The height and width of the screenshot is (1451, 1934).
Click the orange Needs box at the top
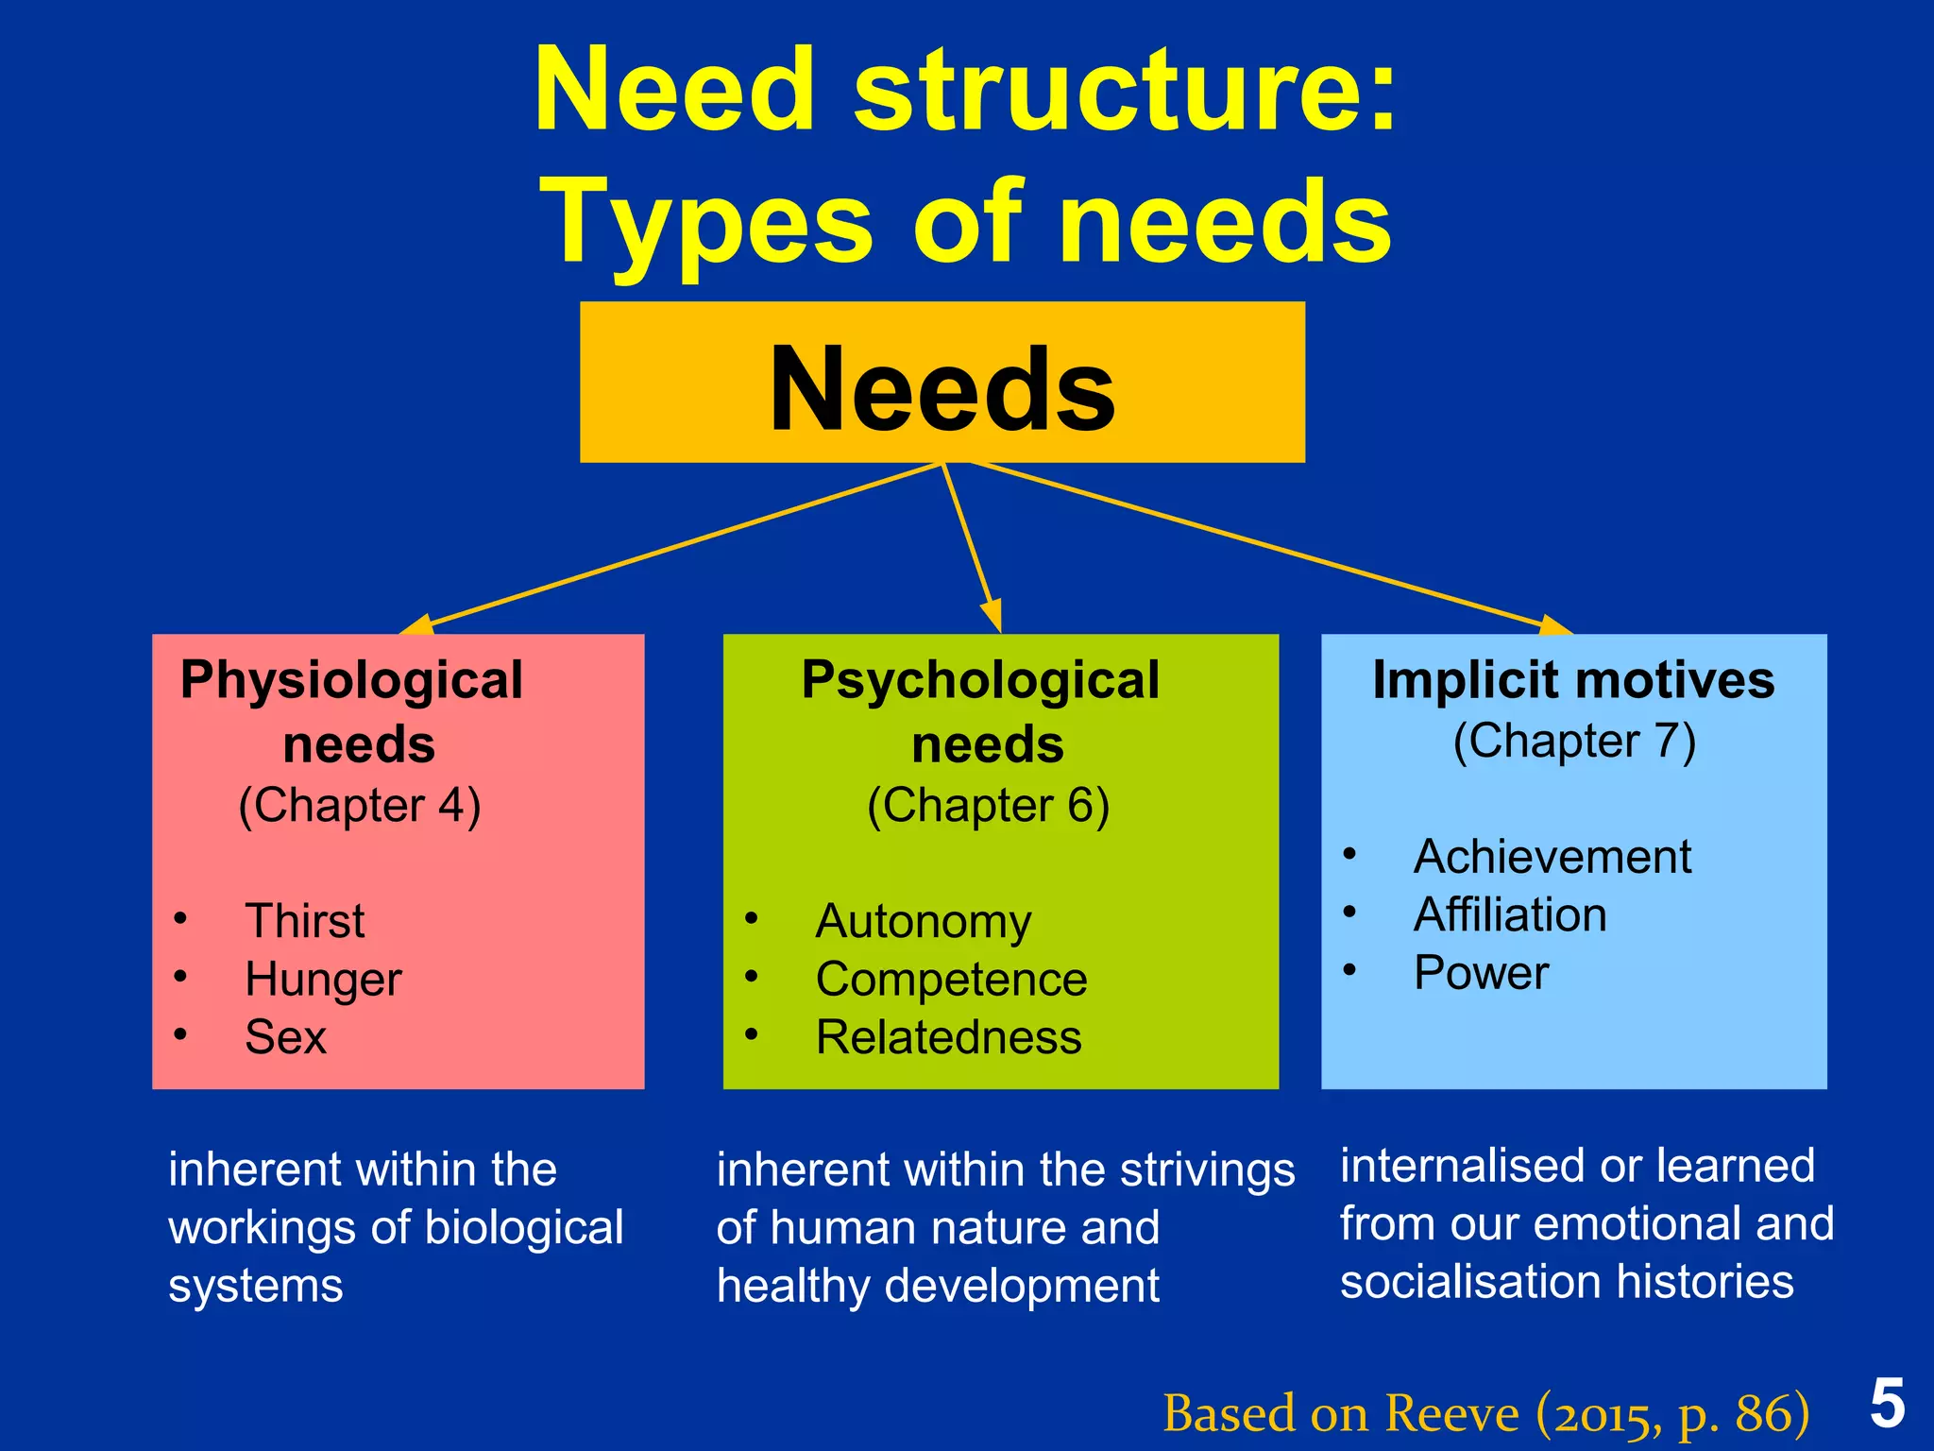(x=942, y=383)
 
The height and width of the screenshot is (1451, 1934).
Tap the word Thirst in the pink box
(x=304, y=921)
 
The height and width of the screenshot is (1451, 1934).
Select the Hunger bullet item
(x=323, y=980)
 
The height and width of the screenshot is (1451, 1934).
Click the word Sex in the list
(x=285, y=1037)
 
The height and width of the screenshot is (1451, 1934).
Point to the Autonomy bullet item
(x=923, y=921)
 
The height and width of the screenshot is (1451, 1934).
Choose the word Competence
(x=951, y=980)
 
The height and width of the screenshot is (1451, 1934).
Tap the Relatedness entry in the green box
(x=948, y=1037)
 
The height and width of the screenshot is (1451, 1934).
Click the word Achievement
(x=1552, y=858)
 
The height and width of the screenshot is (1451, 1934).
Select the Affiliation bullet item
(x=1510, y=915)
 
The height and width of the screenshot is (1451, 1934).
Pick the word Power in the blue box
(x=1481, y=973)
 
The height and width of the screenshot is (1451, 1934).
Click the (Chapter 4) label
(x=360, y=806)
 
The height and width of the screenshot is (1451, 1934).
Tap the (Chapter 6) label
(x=988, y=806)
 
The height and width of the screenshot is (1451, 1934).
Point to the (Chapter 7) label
(x=1574, y=742)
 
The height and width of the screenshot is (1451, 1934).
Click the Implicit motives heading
(x=1573, y=680)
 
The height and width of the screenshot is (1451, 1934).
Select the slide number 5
(x=1887, y=1404)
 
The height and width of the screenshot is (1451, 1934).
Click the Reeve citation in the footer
(x=1485, y=1414)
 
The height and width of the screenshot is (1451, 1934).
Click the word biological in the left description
(x=523, y=1228)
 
